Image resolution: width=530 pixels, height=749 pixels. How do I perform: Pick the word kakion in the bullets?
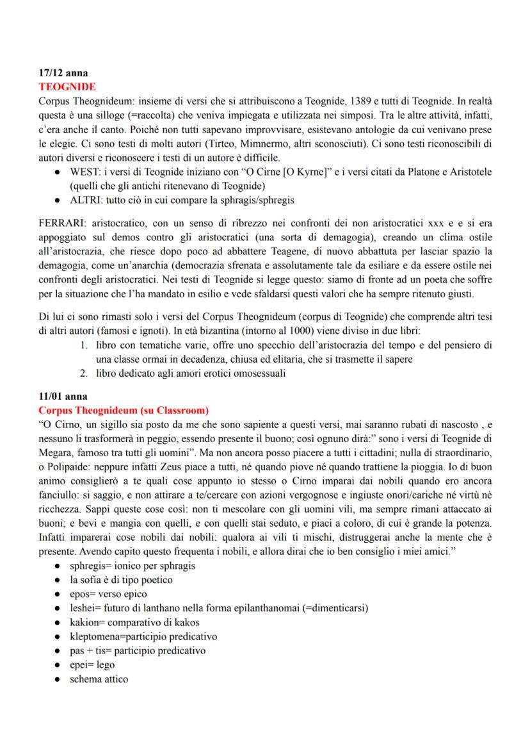(87, 622)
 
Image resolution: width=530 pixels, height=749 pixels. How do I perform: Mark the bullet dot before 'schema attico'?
(58, 679)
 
